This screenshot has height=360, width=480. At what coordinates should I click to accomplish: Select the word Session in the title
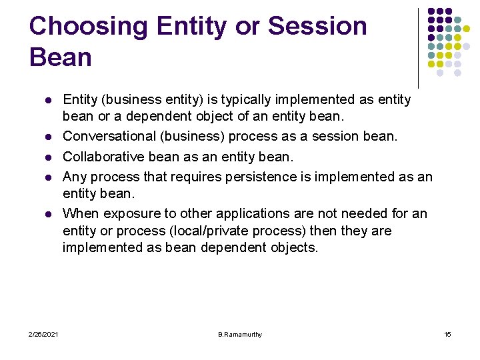[x=317, y=27]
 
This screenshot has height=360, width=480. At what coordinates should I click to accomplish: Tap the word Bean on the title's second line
[x=60, y=57]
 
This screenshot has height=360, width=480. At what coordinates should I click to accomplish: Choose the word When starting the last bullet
[x=78, y=213]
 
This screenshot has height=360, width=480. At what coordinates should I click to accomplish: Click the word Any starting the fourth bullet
[x=75, y=177]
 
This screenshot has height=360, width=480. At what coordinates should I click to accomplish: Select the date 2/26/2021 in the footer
[x=43, y=334]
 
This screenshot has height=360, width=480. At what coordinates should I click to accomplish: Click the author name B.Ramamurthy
[x=240, y=334]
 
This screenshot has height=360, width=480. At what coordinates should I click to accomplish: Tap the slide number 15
[x=447, y=334]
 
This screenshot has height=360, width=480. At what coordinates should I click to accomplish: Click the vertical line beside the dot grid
[x=418, y=47]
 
